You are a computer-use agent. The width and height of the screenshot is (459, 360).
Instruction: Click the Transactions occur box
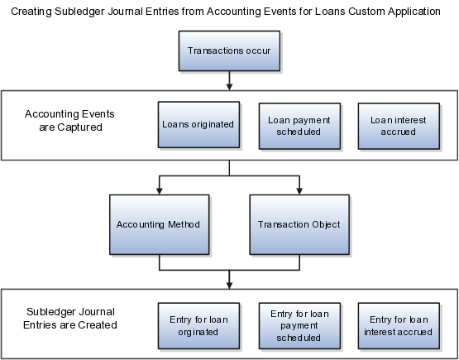pyautogui.click(x=229, y=50)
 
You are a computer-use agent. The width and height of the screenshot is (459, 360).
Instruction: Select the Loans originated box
pyautogui.click(x=198, y=124)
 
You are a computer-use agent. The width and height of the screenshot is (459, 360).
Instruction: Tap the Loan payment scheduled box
pyautogui.click(x=299, y=126)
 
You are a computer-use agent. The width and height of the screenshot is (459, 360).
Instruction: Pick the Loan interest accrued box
pyautogui.click(x=399, y=126)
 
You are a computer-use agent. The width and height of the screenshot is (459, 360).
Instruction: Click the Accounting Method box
pyautogui.click(x=160, y=224)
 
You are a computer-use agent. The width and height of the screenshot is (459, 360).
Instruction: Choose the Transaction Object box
pyautogui.click(x=299, y=224)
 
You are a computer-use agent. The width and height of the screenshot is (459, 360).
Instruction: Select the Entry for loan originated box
pyautogui.click(x=198, y=326)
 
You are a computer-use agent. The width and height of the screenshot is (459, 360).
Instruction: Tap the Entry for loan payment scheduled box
pyautogui.click(x=299, y=326)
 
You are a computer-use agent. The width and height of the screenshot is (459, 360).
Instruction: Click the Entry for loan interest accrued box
pyautogui.click(x=399, y=326)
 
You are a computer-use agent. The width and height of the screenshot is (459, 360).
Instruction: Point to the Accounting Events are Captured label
pyautogui.click(x=69, y=120)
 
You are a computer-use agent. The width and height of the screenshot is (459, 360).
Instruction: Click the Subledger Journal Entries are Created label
pyautogui.click(x=70, y=318)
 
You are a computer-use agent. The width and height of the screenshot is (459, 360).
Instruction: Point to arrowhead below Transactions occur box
pyautogui.click(x=230, y=87)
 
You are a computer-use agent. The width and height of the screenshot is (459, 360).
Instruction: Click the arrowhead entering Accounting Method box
pyautogui.click(x=160, y=191)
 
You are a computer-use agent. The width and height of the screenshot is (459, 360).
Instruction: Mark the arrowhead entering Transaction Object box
pyautogui.click(x=299, y=191)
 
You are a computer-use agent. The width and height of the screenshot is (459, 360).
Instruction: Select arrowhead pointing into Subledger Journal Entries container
pyautogui.click(x=230, y=286)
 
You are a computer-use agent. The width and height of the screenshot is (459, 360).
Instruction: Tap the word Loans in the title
pyautogui.click(x=330, y=12)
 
